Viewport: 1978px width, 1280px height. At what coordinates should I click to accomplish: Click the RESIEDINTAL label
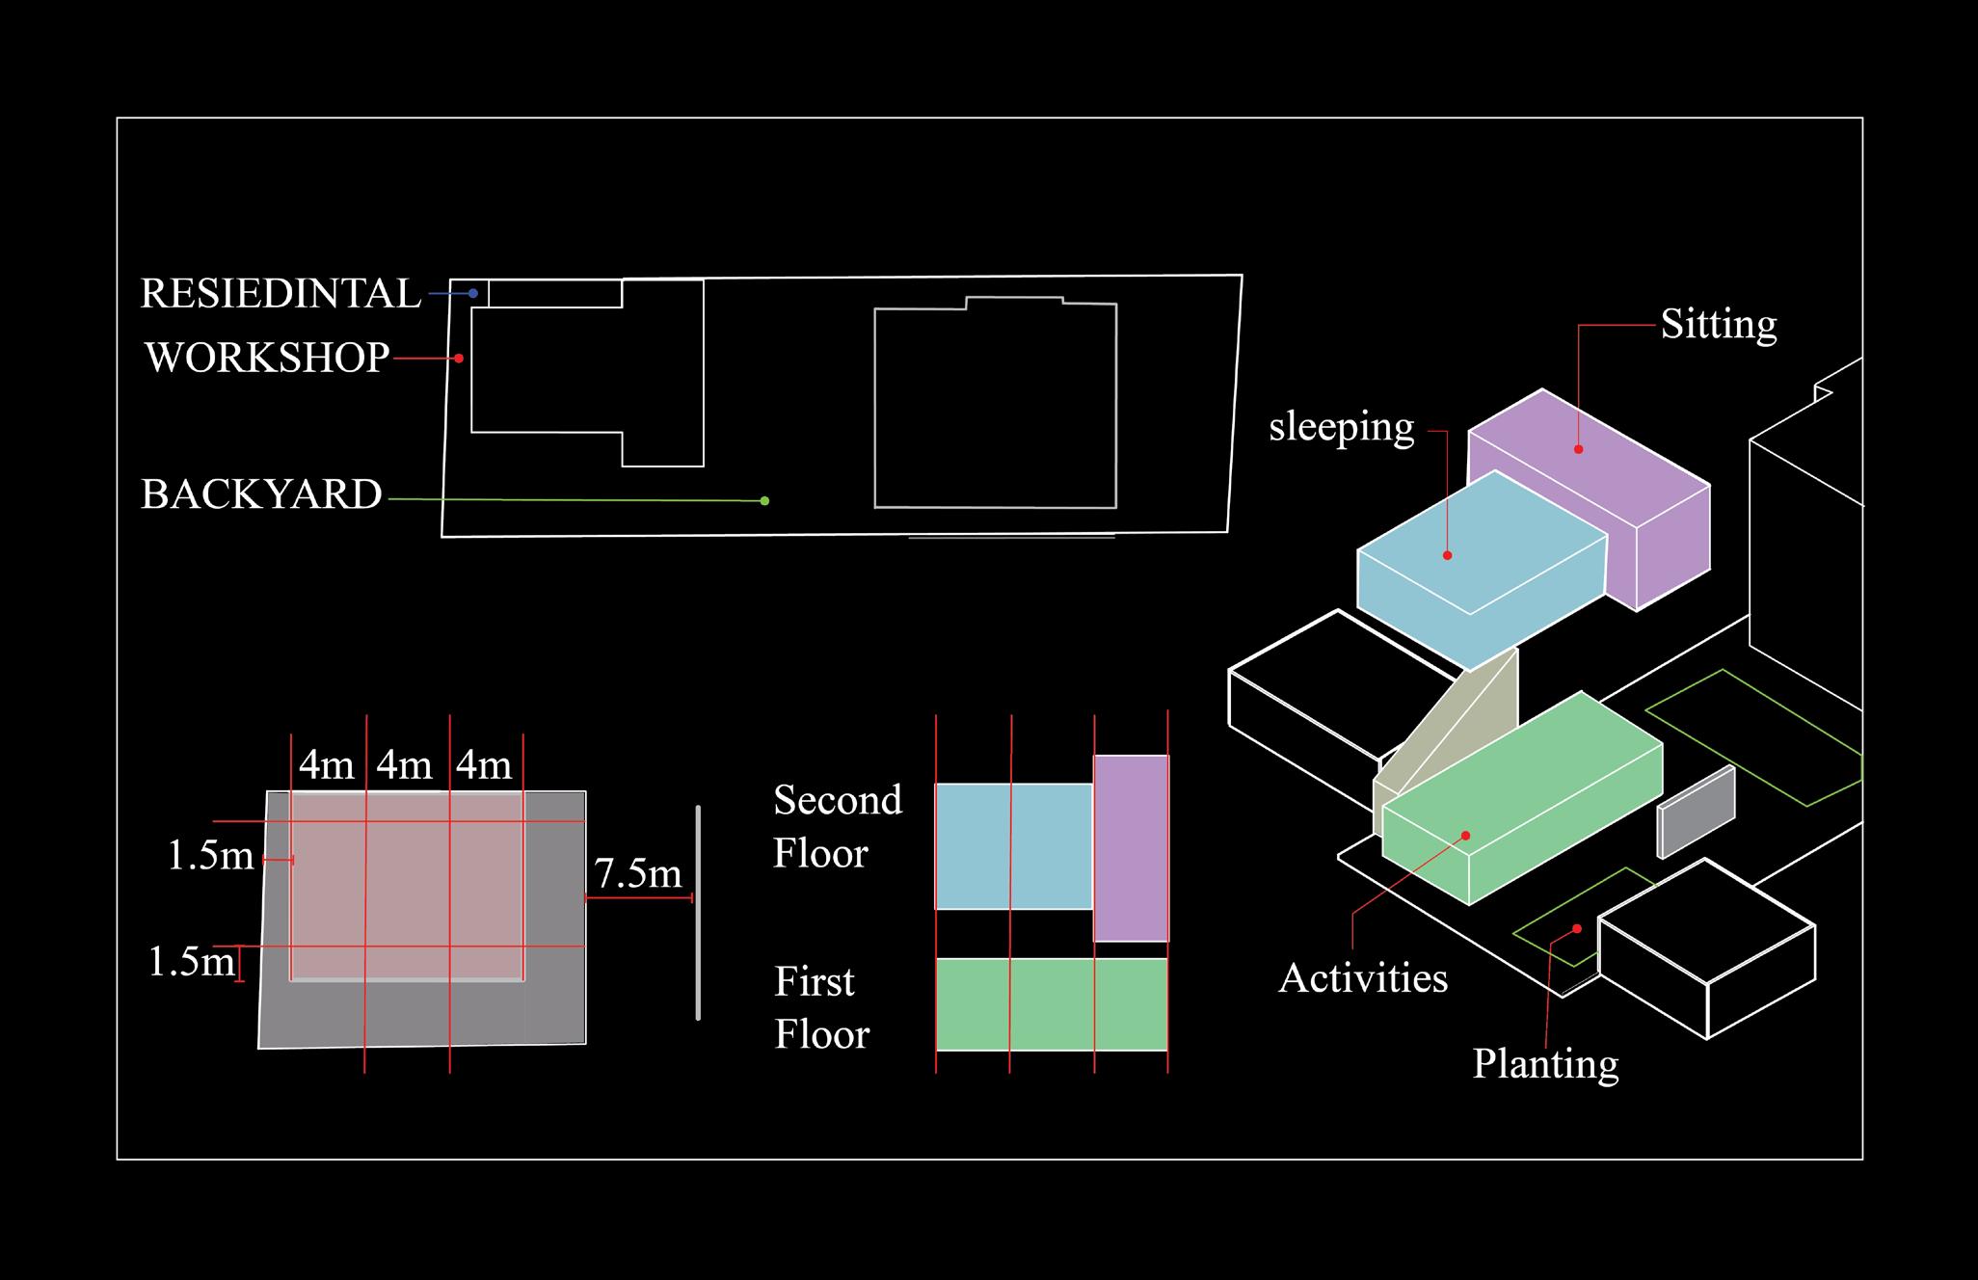click(x=281, y=294)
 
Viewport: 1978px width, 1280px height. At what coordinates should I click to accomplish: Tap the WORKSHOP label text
click(x=267, y=358)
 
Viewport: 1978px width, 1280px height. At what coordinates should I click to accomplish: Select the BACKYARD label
click(x=261, y=494)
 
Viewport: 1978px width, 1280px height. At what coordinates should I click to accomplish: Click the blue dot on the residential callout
click(x=473, y=293)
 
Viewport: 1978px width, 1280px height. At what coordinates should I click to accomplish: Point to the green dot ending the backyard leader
click(x=764, y=501)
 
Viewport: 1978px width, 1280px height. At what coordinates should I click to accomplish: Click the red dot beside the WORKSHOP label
click(x=459, y=359)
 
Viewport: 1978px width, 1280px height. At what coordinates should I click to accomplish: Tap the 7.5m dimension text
click(x=637, y=873)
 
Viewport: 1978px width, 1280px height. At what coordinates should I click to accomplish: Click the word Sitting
click(x=1718, y=325)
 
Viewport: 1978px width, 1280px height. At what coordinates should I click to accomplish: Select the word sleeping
click(x=1341, y=427)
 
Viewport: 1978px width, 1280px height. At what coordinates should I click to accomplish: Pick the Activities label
click(x=1362, y=978)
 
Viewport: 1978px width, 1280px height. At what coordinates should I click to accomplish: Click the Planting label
click(x=1545, y=1064)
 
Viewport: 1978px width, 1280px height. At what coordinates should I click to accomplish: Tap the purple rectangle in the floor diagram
click(x=1131, y=847)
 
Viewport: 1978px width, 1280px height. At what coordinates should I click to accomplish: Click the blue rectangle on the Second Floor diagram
click(x=1013, y=846)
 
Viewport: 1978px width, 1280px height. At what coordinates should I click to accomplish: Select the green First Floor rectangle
click(x=1052, y=1003)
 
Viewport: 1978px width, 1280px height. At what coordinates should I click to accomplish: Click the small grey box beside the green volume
click(x=1696, y=813)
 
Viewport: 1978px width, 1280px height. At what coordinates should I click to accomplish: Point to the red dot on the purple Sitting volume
click(x=1579, y=449)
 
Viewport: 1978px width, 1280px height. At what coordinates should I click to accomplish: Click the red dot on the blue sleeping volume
click(x=1447, y=555)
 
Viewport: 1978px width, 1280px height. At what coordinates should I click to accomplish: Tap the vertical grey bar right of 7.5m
click(x=698, y=912)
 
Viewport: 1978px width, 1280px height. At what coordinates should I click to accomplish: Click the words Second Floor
click(x=837, y=826)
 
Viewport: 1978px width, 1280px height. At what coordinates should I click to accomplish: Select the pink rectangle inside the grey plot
click(x=407, y=885)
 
